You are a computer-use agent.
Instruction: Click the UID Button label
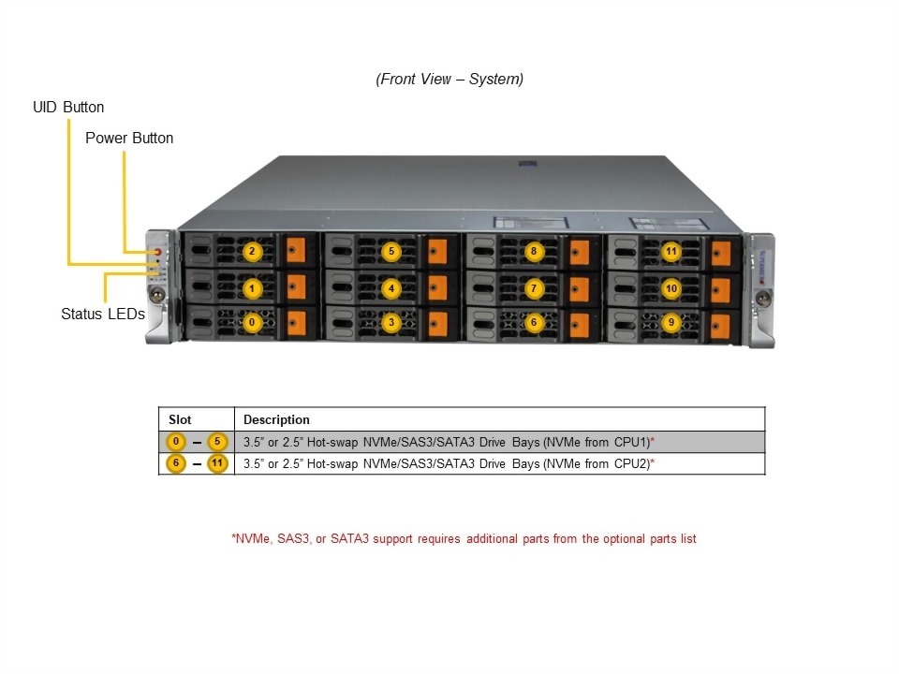68,108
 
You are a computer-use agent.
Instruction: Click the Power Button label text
129,139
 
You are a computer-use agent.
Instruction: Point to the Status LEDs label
102,315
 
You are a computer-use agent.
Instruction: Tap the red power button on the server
158,252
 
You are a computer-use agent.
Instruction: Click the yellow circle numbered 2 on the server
251,252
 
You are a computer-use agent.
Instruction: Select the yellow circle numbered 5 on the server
391,252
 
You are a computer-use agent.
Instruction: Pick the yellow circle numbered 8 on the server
533,252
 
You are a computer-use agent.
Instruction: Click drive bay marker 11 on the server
671,252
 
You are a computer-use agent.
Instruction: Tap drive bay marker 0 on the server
251,323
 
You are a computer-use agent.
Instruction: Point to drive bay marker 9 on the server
671,323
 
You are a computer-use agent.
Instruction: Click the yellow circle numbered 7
533,288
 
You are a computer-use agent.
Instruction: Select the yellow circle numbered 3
391,323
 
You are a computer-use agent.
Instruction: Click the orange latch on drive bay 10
720,289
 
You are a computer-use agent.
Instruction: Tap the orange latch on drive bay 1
297,287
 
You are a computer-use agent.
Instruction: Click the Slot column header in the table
180,419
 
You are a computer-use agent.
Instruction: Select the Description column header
276,419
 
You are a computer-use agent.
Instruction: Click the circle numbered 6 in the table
176,463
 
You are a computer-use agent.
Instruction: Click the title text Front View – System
449,80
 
